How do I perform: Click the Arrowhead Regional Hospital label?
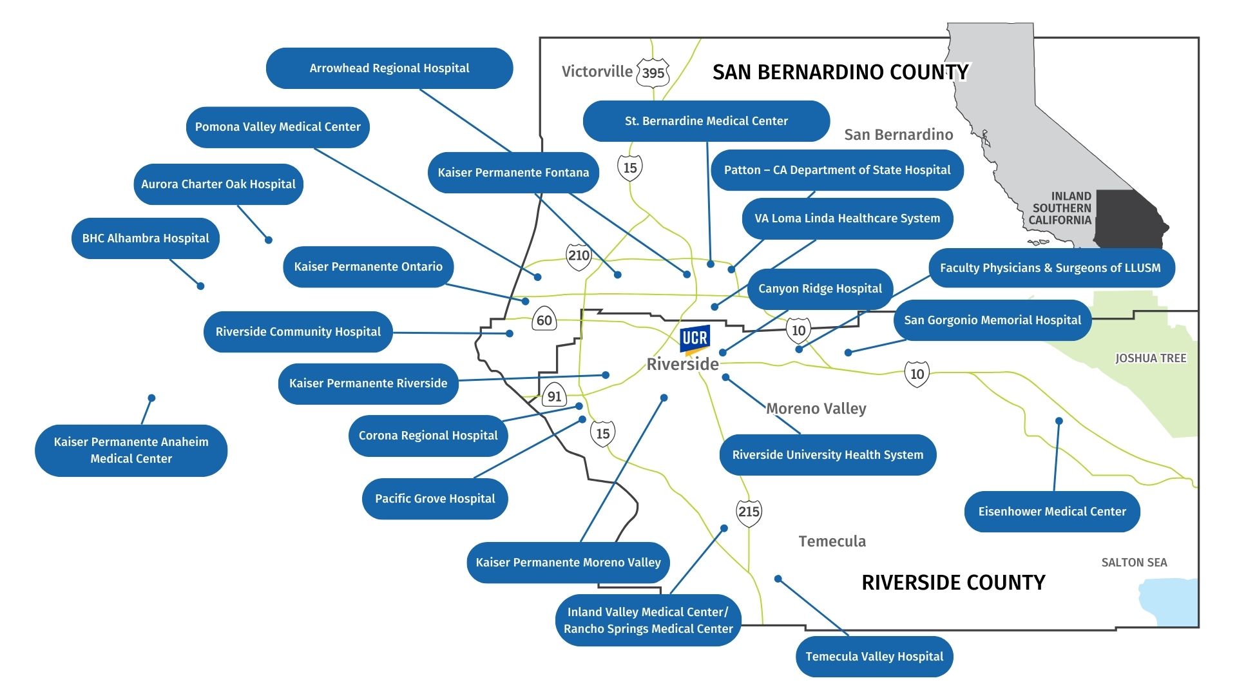[389, 68]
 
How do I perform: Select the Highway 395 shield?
[653, 73]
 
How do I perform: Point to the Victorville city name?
[597, 72]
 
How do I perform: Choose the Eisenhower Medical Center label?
[1051, 512]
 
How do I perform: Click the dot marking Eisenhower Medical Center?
[1059, 421]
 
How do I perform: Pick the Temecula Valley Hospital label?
[874, 657]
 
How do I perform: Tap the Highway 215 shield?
[749, 512]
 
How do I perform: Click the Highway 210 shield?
[579, 256]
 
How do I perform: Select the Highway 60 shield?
[544, 320]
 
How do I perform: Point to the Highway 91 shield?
[554, 396]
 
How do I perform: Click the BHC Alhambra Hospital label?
[146, 238]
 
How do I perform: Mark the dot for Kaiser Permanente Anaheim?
[151, 398]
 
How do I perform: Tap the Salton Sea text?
[1134, 563]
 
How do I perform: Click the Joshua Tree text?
[1151, 358]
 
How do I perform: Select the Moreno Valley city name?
[816, 409]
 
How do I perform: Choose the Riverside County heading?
[953, 583]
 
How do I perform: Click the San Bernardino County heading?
[840, 72]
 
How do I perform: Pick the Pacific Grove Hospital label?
[435, 499]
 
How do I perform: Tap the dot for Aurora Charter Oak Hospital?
[269, 240]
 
